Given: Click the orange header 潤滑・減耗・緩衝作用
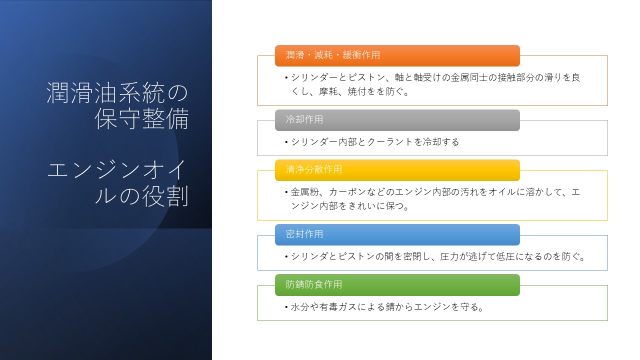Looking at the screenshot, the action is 397,55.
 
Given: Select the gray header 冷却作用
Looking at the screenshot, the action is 397,120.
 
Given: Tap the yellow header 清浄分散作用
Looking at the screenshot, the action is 397,170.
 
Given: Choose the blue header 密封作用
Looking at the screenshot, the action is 397,234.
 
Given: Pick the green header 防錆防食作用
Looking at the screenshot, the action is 397,285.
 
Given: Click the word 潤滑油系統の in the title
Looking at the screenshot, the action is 117,92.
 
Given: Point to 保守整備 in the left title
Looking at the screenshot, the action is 141,118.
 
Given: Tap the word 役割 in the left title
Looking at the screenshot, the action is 165,196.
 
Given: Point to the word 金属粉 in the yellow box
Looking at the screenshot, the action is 304,192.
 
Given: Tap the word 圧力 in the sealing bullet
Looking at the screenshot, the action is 449,256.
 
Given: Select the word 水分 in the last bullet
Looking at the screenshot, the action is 299,307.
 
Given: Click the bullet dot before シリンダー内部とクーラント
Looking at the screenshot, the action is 286,142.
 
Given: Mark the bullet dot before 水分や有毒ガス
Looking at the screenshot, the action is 286,307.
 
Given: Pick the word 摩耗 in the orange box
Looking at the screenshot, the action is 328,91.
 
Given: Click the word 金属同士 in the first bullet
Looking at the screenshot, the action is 469,77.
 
